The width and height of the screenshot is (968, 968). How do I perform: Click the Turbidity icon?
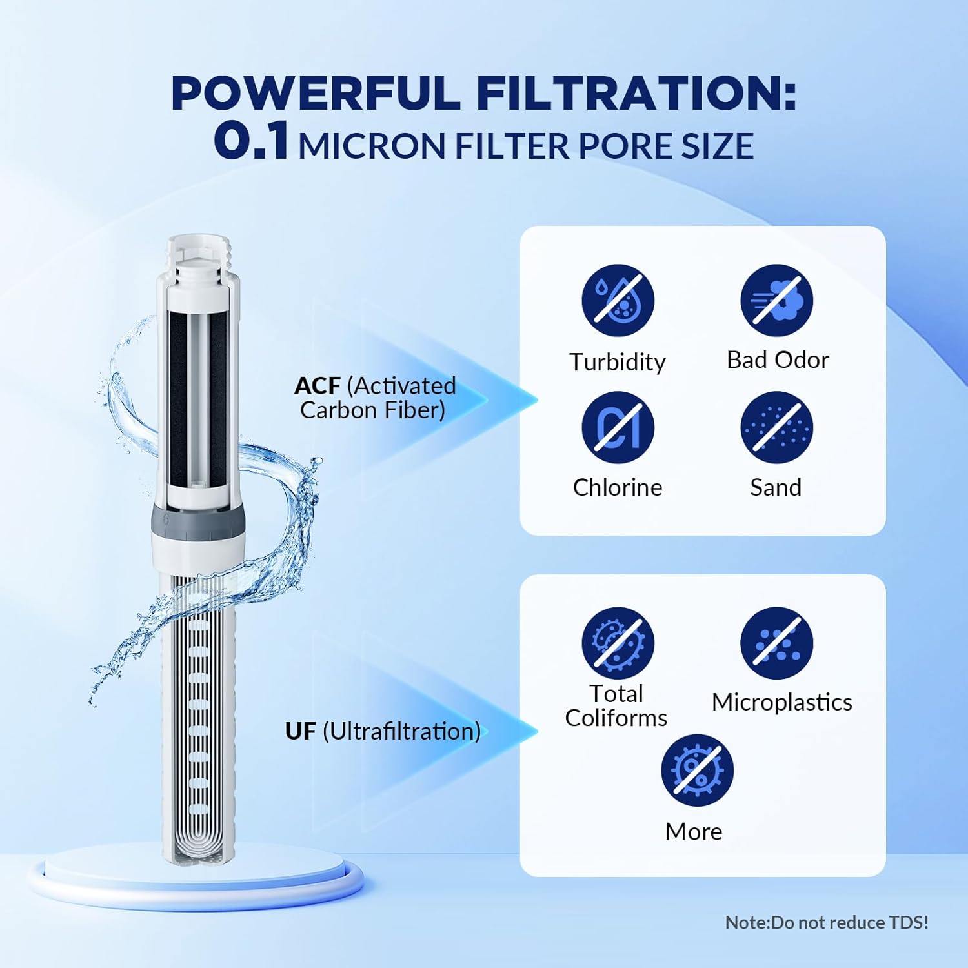618,301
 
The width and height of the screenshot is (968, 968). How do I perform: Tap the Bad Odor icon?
776,301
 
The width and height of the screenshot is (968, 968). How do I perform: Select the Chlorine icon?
618,427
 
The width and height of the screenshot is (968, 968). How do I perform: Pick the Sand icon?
776,427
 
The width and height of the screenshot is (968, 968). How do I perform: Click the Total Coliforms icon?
618,643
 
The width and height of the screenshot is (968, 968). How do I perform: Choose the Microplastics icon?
776,643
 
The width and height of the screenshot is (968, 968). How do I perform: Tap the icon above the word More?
697,771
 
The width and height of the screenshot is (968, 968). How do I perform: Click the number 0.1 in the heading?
251,142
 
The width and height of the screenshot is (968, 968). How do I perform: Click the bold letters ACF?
317,386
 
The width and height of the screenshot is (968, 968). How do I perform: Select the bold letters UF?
300,731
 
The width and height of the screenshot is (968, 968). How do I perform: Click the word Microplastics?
781,702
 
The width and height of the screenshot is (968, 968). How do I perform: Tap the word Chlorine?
618,487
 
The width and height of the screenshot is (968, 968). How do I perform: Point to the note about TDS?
827,922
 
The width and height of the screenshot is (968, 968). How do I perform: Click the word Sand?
776,487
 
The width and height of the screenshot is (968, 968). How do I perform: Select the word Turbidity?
618,362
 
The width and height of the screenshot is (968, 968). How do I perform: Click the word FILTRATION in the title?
636,94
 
